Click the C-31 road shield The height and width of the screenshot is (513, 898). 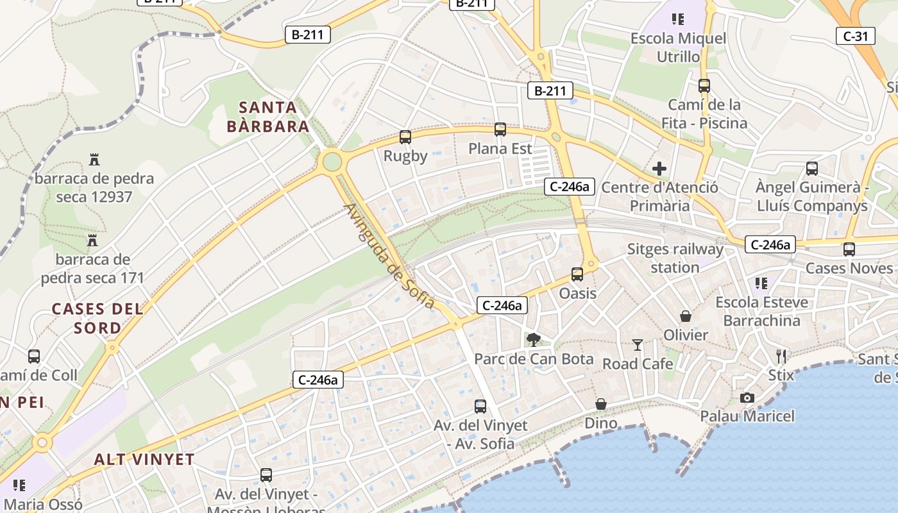(856, 36)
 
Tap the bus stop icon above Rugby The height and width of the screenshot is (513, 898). (405, 137)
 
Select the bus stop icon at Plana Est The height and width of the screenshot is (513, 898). (500, 129)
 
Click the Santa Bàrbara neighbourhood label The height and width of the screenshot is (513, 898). (268, 117)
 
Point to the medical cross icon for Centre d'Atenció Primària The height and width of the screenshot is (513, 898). (659, 169)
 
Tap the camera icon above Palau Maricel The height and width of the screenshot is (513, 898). (747, 398)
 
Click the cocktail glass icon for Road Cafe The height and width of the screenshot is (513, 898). (637, 345)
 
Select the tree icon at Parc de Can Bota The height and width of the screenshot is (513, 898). (533, 340)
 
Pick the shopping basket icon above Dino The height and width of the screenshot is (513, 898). (601, 404)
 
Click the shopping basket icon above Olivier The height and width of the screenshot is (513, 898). (686, 316)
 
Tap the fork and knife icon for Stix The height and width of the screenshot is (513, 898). (781, 356)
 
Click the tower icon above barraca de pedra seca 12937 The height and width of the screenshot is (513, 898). (94, 159)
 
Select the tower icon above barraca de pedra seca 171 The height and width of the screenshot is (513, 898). (92, 240)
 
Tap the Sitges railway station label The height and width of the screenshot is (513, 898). (675, 258)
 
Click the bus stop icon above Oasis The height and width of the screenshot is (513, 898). (577, 274)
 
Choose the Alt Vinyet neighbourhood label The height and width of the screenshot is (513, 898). (144, 459)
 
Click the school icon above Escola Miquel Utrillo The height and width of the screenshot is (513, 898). (678, 19)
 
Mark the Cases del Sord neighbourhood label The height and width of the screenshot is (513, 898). (97, 318)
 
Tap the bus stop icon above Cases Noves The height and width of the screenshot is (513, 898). (849, 249)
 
